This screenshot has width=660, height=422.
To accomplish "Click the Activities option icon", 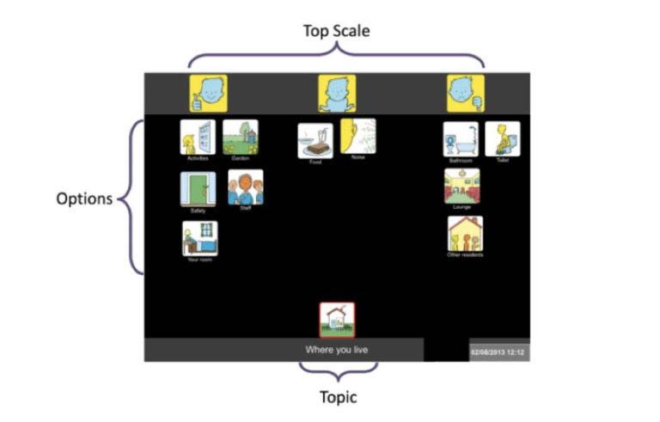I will coord(196,137).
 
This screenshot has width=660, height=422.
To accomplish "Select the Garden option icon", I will coord(240,137).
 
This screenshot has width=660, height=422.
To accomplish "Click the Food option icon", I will coord(315,140).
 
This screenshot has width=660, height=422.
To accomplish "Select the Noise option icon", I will coord(358,136).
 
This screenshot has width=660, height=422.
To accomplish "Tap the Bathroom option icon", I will coord(461,139).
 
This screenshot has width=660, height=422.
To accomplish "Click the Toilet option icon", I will coord(502,138).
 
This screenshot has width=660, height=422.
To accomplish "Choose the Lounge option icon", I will coord(461,186).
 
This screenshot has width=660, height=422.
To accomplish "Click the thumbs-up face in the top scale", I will coord(208,93).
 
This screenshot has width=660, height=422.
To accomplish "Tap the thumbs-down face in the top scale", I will coord(465,93).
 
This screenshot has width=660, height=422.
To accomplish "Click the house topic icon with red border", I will coord(336,320).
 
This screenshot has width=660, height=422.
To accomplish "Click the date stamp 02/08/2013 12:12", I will coord(498,352).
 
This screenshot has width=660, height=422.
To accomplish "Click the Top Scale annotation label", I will coord(336,31).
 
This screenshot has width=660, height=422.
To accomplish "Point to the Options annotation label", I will coord(84,199).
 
